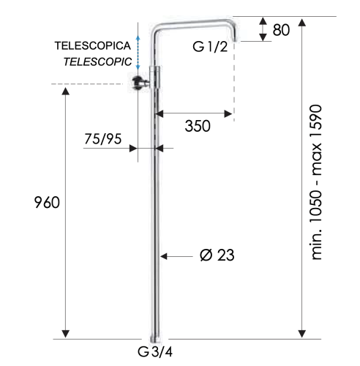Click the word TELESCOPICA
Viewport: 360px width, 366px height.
[92, 45]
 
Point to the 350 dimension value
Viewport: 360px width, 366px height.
[197, 126]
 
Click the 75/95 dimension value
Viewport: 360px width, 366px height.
[102, 139]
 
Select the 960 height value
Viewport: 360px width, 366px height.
[45, 203]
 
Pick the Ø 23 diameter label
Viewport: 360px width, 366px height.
[216, 255]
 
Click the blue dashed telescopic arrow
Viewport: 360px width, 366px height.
[136, 48]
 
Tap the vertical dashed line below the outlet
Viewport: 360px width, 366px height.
[233, 81]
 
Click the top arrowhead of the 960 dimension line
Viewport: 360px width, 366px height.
[67, 91]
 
